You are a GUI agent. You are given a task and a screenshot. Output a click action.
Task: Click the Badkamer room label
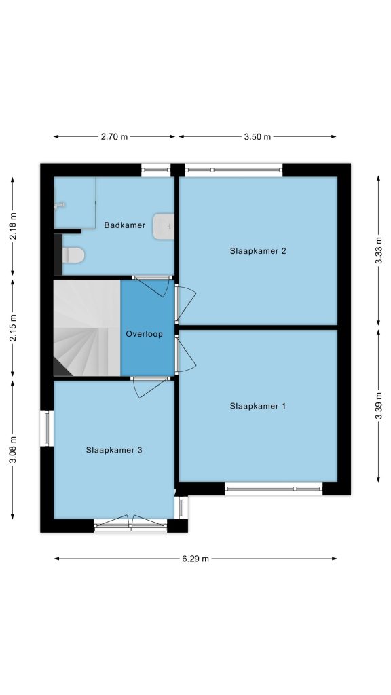pos(125,225)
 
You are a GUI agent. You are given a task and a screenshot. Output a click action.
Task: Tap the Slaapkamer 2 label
pos(257,251)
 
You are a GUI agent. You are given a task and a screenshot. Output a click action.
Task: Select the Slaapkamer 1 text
pos(257,406)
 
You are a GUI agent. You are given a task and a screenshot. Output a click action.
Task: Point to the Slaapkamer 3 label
pos(114,451)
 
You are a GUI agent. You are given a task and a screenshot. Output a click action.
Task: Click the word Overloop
pos(144,334)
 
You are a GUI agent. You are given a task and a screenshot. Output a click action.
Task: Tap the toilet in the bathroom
pos(73,255)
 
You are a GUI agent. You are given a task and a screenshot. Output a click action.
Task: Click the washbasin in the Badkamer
pos(163,227)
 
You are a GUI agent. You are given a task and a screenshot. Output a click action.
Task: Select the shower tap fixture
pos(60,205)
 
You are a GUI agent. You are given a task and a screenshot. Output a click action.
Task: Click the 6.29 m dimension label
pos(195,559)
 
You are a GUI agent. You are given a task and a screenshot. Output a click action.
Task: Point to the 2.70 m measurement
pos(114,137)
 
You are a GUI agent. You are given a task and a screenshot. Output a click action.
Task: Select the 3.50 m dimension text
pos(257,137)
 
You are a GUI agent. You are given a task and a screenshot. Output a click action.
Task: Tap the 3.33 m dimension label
pos(378,251)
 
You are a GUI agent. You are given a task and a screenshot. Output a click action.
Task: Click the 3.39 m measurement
pos(378,406)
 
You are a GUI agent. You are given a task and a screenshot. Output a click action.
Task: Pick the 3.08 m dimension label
pos(12,450)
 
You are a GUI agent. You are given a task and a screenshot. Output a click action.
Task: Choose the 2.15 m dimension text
pos(12,328)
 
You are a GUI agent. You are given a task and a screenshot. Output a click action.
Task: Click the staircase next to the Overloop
pos(87,328)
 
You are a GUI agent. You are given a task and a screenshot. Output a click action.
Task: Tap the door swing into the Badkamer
pos(151,286)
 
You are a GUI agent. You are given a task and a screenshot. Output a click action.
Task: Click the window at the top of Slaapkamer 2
pos(234,170)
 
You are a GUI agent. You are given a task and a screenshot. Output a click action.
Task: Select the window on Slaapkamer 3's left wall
pos(47,429)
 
